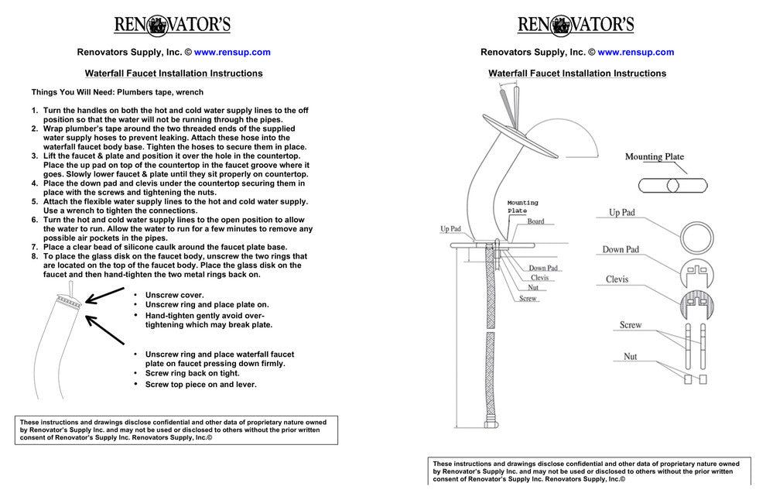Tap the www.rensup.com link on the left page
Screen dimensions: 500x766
click(232, 53)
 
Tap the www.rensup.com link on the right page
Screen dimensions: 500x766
click(635, 53)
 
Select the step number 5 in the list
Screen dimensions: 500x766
click(35, 201)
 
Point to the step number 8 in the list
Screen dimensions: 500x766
click(35, 256)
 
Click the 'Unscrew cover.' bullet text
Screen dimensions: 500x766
click(174, 295)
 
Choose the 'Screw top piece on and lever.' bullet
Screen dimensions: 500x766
click(200, 384)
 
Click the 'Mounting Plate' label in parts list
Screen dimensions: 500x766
click(655, 157)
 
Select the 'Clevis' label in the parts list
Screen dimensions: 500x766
click(617, 279)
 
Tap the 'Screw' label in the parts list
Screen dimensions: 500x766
click(631, 325)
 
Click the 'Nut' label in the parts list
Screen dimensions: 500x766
click(631, 357)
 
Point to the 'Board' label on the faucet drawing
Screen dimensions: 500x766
click(535, 221)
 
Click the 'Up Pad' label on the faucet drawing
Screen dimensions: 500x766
click(450, 229)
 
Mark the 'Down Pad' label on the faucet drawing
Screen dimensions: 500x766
click(543, 268)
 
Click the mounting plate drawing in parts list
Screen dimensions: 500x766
click(674, 186)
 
